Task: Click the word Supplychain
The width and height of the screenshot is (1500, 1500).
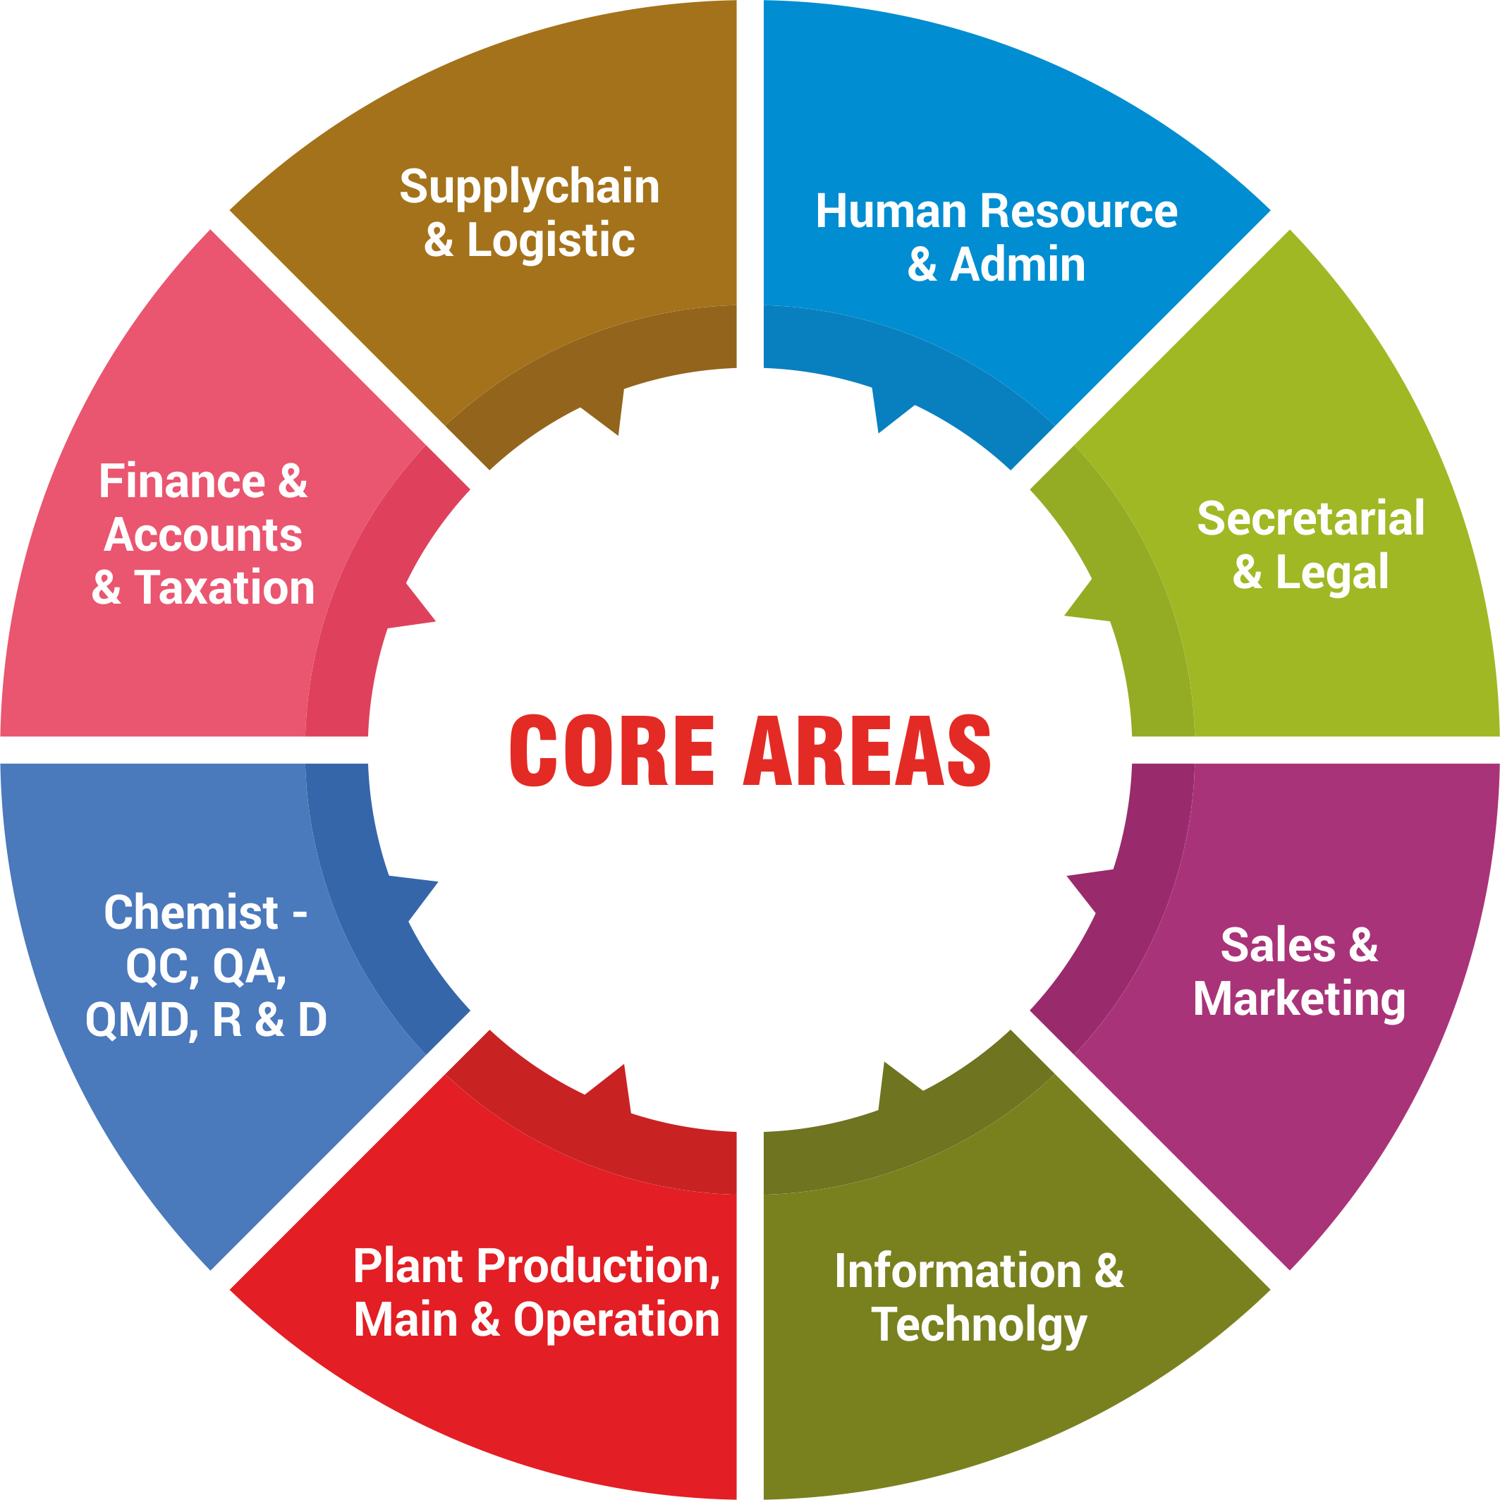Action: [x=530, y=188]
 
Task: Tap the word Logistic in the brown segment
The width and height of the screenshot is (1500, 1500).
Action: [x=551, y=240]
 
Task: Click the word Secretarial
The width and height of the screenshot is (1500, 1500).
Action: [x=1310, y=518]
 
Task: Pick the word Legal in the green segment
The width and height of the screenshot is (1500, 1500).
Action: [x=1332, y=573]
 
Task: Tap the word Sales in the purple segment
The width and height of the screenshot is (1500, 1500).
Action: [x=1278, y=946]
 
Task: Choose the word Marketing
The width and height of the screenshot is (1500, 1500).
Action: [x=1299, y=999]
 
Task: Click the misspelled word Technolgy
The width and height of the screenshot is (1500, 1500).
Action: [x=979, y=1325]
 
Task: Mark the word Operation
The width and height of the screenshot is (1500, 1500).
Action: [x=616, y=1320]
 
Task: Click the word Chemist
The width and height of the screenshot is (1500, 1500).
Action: [x=191, y=913]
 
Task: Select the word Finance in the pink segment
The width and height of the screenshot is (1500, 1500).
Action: [x=183, y=482]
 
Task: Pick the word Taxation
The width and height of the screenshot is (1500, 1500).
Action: [x=224, y=587]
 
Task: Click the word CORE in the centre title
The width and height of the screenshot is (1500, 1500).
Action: [x=612, y=750]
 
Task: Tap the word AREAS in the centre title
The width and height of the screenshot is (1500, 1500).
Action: [x=867, y=750]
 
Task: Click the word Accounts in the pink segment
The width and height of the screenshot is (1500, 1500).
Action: [x=203, y=535]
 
